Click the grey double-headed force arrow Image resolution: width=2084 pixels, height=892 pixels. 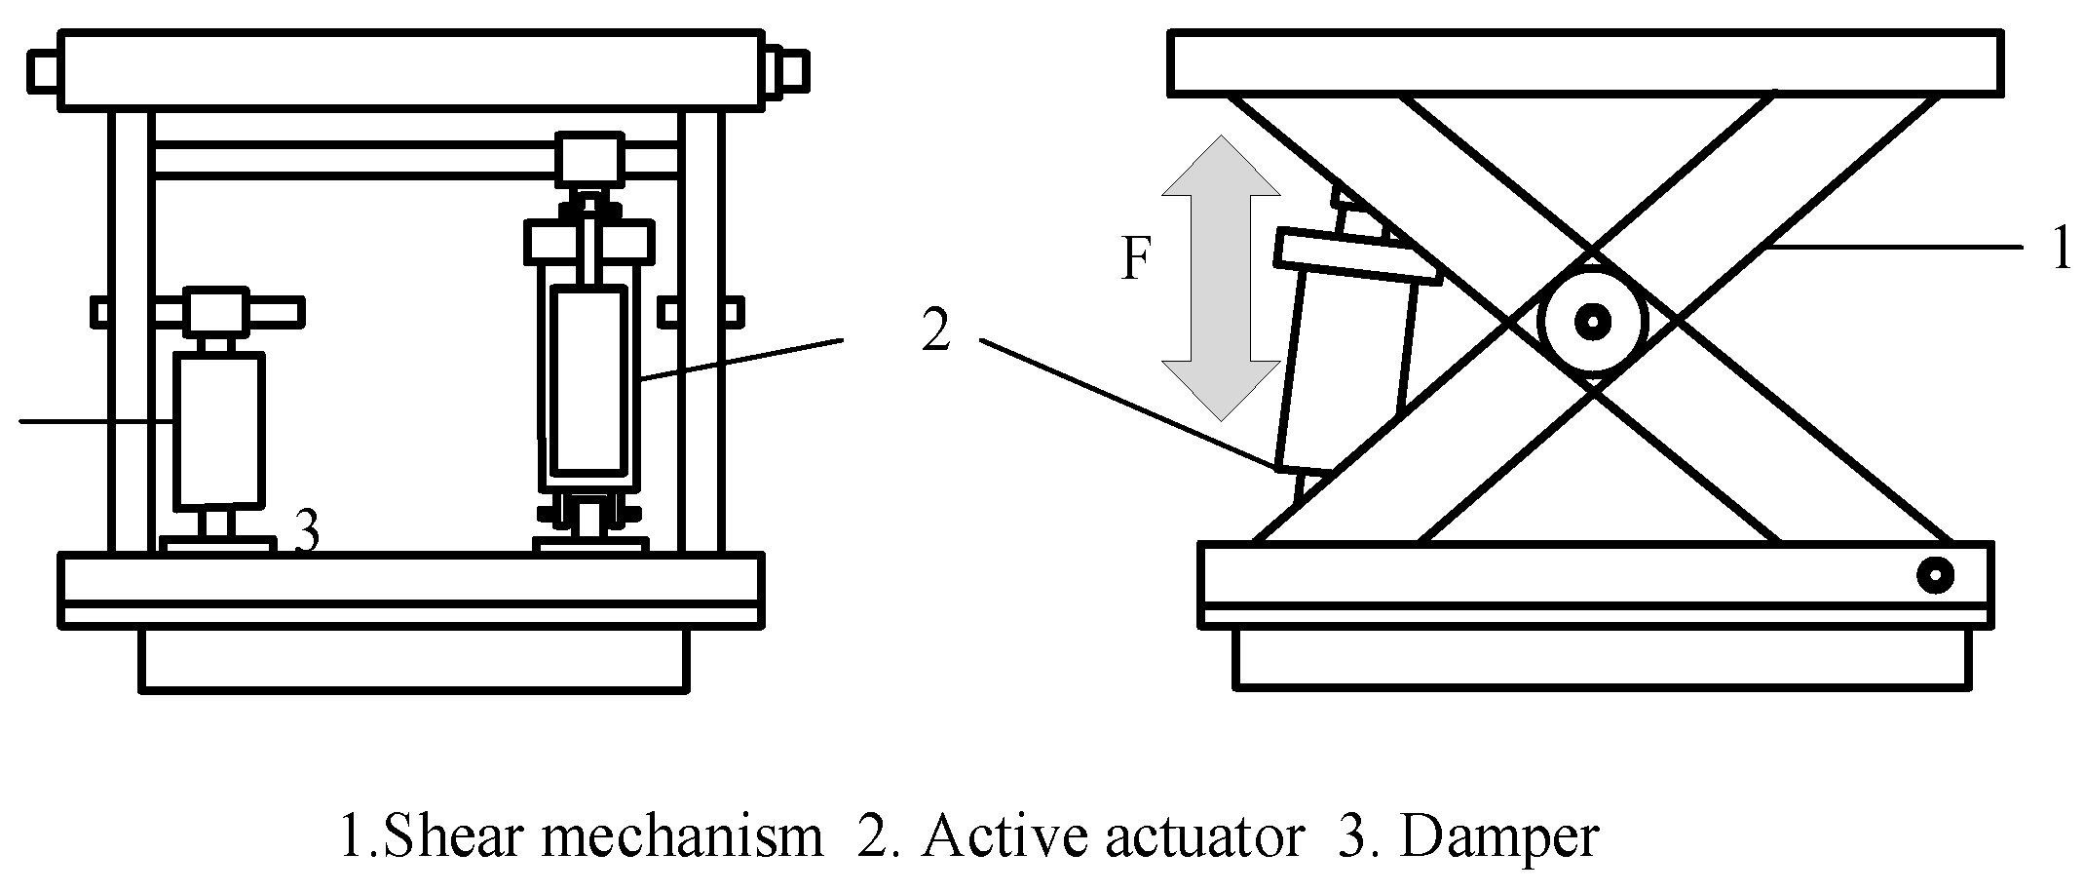pyautogui.click(x=1220, y=278)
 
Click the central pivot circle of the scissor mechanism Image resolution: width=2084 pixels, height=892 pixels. pyautogui.click(x=1593, y=320)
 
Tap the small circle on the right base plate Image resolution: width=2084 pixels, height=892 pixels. pyautogui.click(x=1934, y=575)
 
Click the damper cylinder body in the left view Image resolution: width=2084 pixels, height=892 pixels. pyautogui.click(x=218, y=431)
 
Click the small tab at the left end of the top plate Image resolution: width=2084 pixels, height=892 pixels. pyautogui.click(x=44, y=70)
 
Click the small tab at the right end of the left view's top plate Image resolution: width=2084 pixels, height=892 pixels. pyautogui.click(x=792, y=70)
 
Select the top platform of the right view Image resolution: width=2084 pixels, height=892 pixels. pyautogui.click(x=1585, y=64)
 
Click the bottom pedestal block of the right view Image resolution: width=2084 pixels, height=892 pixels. pyautogui.click(x=1595, y=657)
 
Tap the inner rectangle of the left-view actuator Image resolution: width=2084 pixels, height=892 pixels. pyautogui.click(x=588, y=378)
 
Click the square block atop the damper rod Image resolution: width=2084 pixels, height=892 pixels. pyautogui.click(x=218, y=312)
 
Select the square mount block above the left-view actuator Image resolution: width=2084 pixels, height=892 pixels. pyautogui.click(x=588, y=159)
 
